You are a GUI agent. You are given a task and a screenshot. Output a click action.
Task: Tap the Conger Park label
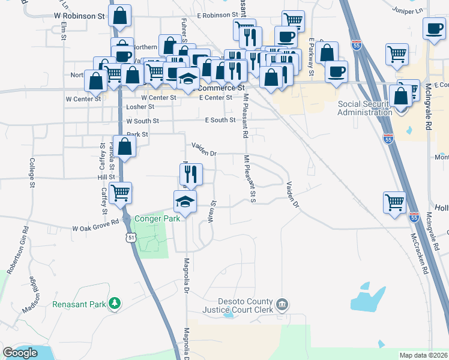[157, 218]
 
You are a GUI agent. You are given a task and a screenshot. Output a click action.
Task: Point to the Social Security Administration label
[365, 108]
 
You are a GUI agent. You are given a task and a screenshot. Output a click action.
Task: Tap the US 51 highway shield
[131, 238]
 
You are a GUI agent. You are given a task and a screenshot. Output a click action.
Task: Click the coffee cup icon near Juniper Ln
[433, 28]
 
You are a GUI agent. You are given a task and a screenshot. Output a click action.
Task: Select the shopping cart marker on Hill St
[121, 193]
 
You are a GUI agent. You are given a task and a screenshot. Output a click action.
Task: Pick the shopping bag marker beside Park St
[125, 146]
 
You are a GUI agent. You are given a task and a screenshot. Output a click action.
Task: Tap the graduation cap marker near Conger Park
[185, 202]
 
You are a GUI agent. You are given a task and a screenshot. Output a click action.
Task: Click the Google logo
[20, 353]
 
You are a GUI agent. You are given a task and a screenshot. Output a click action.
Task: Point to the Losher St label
[140, 107]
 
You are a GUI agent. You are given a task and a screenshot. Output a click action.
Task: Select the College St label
[31, 172]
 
